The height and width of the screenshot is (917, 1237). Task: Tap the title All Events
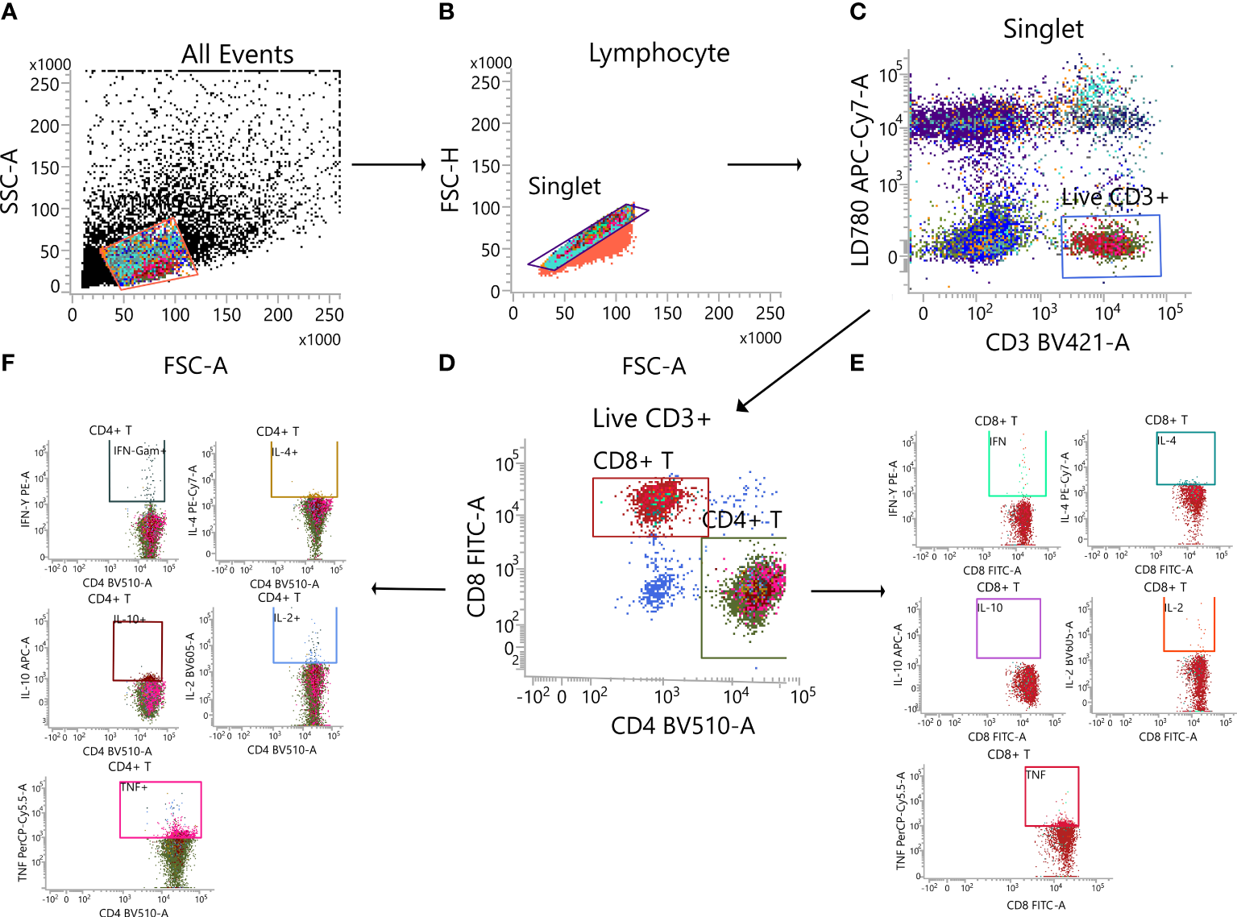pyautogui.click(x=237, y=54)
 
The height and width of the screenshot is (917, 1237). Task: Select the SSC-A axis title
pyautogui.click(x=10, y=181)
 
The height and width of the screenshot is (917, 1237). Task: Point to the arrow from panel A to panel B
pyautogui.click(x=388, y=164)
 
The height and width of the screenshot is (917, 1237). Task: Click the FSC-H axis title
pyautogui.click(x=450, y=180)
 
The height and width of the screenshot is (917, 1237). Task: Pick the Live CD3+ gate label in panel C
pyautogui.click(x=1114, y=197)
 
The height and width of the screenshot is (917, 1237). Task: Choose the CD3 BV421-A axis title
pyautogui.click(x=1056, y=342)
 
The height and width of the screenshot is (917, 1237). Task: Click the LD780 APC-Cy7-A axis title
pyautogui.click(x=861, y=170)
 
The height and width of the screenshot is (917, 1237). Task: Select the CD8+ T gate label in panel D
pyautogui.click(x=633, y=461)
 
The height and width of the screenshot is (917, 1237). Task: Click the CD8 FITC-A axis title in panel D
pyautogui.click(x=476, y=557)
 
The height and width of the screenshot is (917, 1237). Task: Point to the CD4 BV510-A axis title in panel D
pyautogui.click(x=683, y=726)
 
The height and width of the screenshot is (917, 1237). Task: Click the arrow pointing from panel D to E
pyautogui.click(x=848, y=591)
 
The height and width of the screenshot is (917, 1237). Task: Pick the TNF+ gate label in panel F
pyautogui.click(x=134, y=787)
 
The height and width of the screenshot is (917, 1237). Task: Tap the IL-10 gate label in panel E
pyautogui.click(x=990, y=608)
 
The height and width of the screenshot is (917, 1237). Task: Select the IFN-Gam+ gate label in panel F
pyautogui.click(x=139, y=450)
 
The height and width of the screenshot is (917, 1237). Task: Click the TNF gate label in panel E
pyautogui.click(x=1036, y=775)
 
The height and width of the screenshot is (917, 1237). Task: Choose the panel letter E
pyautogui.click(x=857, y=363)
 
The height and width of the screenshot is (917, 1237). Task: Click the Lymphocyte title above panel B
pyautogui.click(x=658, y=53)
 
